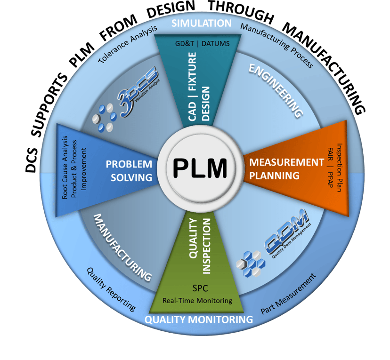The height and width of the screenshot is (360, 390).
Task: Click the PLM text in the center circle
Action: (x=199, y=167)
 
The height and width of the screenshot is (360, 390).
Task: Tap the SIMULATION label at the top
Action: (x=201, y=23)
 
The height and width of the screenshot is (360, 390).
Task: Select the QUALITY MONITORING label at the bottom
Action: (x=198, y=320)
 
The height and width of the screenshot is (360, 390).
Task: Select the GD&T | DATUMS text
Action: (x=201, y=44)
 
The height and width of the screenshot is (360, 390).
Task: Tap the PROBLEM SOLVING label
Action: (x=129, y=170)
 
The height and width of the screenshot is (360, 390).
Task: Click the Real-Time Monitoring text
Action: (x=197, y=300)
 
